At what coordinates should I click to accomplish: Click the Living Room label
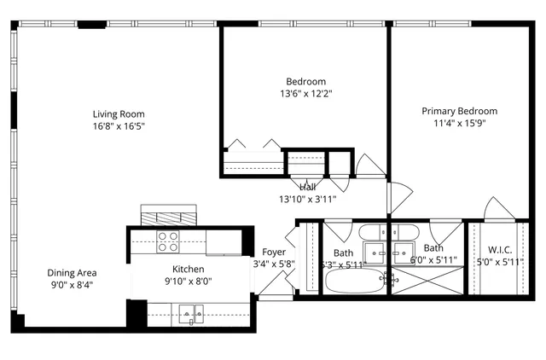click(x=119, y=113)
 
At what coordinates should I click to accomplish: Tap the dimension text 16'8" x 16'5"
click(x=119, y=126)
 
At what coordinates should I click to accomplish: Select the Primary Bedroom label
click(x=460, y=111)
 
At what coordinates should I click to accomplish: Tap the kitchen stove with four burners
click(x=168, y=242)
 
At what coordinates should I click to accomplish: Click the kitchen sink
click(x=192, y=315)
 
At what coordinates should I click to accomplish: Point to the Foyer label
click(x=274, y=252)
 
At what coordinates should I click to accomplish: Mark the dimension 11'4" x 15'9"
click(x=460, y=123)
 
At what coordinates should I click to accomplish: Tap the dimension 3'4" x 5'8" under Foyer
click(x=274, y=264)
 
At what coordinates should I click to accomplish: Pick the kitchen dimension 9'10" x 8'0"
click(x=187, y=281)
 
